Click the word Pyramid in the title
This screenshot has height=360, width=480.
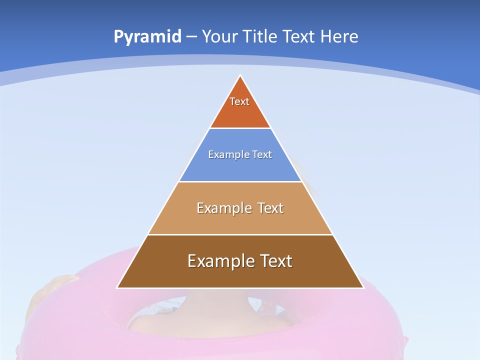tap(147, 36)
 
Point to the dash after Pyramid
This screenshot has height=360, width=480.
tap(191, 37)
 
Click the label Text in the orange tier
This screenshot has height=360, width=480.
tap(239, 101)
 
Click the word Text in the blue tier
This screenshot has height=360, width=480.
tap(262, 154)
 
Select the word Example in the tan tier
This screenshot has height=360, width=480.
tap(223, 208)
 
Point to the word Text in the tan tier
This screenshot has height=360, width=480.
tap(270, 208)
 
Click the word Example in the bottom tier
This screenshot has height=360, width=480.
tap(220, 261)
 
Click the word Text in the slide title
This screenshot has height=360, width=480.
tap(299, 36)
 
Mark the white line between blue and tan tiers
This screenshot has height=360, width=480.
tap(240, 181)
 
